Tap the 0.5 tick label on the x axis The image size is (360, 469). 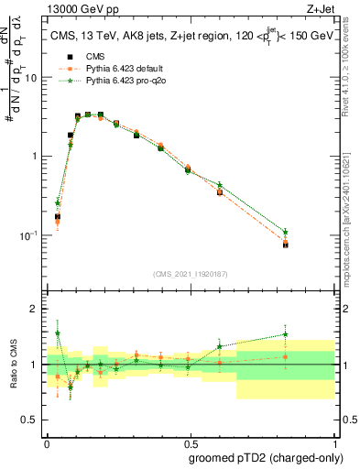pyautogui.click(x=190, y=442)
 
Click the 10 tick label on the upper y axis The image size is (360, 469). pyautogui.click(x=34, y=78)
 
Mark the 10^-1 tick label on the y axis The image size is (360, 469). pyautogui.click(x=31, y=235)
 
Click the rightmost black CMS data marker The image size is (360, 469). pyautogui.click(x=286, y=245)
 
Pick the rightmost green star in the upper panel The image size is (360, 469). pyautogui.click(x=286, y=232)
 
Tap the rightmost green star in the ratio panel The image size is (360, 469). pyautogui.click(x=286, y=334)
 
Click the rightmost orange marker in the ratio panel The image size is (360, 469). pyautogui.click(x=286, y=357)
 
